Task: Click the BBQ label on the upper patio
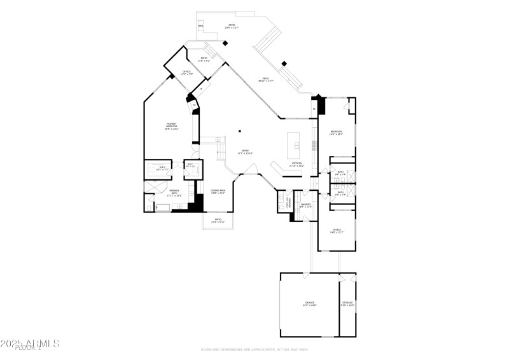200,25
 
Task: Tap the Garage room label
309,303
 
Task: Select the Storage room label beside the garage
347,303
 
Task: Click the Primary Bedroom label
172,126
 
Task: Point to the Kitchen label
297,164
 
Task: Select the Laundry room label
306,205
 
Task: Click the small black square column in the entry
240,132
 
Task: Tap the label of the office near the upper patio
186,73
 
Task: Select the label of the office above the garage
337,231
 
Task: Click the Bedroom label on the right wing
336,133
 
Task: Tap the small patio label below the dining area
218,220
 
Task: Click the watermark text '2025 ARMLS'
30,343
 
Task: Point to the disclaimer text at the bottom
254,349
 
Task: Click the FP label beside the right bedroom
314,109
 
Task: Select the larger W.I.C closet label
162,169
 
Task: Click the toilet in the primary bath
148,206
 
